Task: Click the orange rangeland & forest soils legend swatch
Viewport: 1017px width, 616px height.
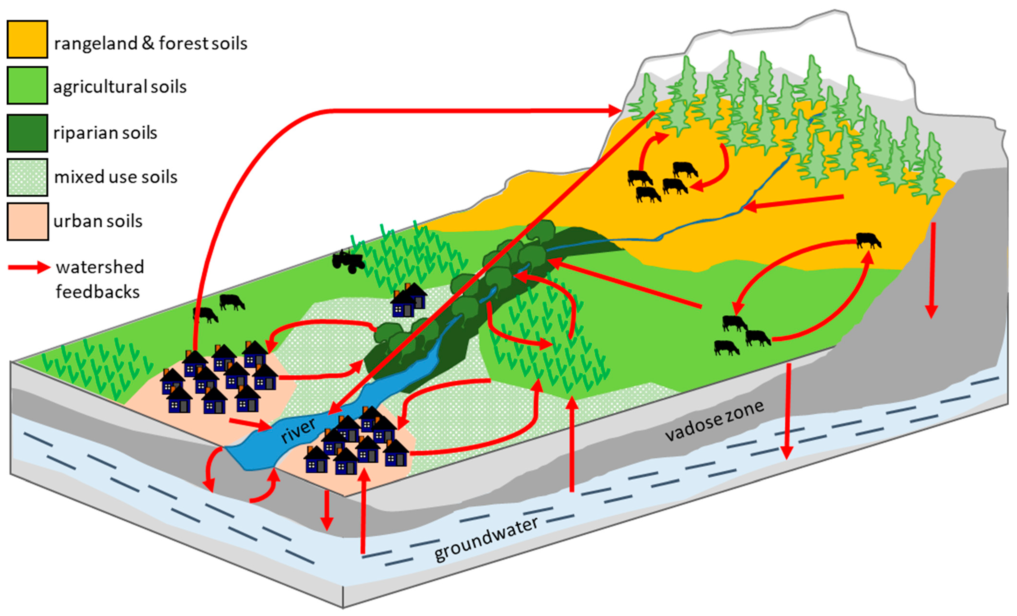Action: (27, 39)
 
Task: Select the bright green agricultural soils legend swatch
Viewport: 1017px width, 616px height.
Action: (27, 85)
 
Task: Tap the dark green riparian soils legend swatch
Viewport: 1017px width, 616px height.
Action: (27, 133)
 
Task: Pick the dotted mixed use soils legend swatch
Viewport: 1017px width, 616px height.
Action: (27, 177)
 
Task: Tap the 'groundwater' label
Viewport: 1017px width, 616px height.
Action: (486, 539)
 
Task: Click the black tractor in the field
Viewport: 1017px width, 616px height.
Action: (349, 261)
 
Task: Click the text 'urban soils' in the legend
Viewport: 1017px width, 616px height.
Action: (98, 221)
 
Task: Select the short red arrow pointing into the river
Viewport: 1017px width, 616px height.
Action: (251, 425)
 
